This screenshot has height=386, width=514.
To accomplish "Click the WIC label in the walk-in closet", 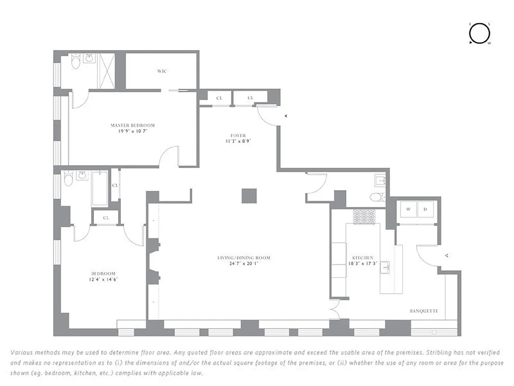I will (162, 71).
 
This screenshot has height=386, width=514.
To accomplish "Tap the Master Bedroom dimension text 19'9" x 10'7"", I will (132, 131).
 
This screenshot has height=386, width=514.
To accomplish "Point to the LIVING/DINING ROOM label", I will (243, 258).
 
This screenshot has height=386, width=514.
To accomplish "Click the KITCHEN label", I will (363, 258).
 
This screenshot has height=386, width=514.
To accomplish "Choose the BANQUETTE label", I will (424, 311).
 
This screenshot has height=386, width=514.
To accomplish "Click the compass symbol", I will (479, 33).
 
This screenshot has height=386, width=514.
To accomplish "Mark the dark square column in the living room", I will (249, 195).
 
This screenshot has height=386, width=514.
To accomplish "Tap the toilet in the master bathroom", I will (76, 62).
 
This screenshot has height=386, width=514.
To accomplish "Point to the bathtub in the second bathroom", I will (100, 187).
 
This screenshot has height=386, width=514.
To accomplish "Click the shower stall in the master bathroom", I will (106, 71).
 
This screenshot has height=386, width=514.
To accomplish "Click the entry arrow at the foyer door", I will (286, 116).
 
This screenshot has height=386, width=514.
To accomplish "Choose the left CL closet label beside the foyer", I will (219, 98).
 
